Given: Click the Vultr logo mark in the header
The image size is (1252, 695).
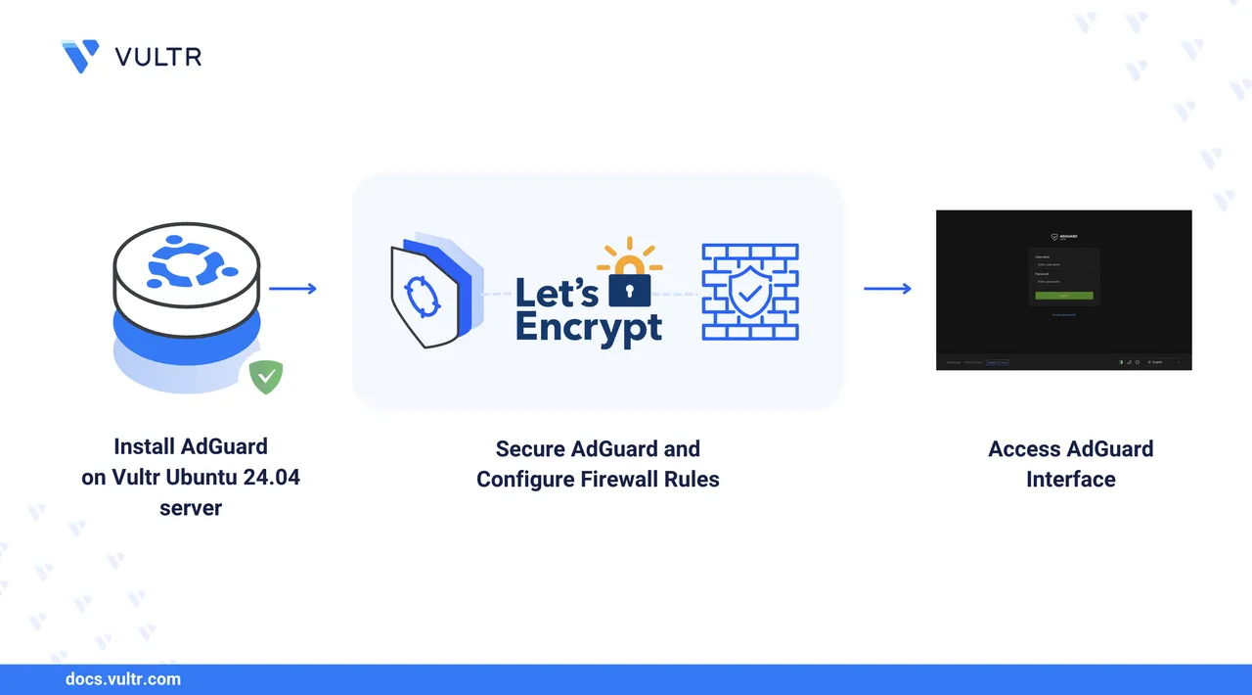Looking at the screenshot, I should (79, 56).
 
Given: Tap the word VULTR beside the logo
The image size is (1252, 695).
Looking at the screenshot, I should (158, 57).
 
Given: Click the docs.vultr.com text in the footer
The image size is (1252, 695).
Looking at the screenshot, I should (122, 678).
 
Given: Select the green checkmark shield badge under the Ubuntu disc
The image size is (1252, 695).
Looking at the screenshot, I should (265, 377).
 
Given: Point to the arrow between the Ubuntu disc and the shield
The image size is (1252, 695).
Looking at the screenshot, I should (292, 289).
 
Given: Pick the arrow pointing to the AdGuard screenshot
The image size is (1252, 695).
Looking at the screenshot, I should (887, 289).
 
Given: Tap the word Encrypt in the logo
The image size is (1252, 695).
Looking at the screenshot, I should (589, 327).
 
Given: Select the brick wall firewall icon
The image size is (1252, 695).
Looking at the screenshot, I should (750, 292).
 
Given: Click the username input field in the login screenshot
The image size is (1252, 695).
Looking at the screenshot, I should (1063, 264).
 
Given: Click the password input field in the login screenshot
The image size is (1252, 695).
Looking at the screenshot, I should (1063, 282).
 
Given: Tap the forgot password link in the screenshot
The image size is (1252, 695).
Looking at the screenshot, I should (1064, 314).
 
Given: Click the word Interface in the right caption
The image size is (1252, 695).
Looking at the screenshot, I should (1071, 480).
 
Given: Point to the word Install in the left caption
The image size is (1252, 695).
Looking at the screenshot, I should (144, 447).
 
